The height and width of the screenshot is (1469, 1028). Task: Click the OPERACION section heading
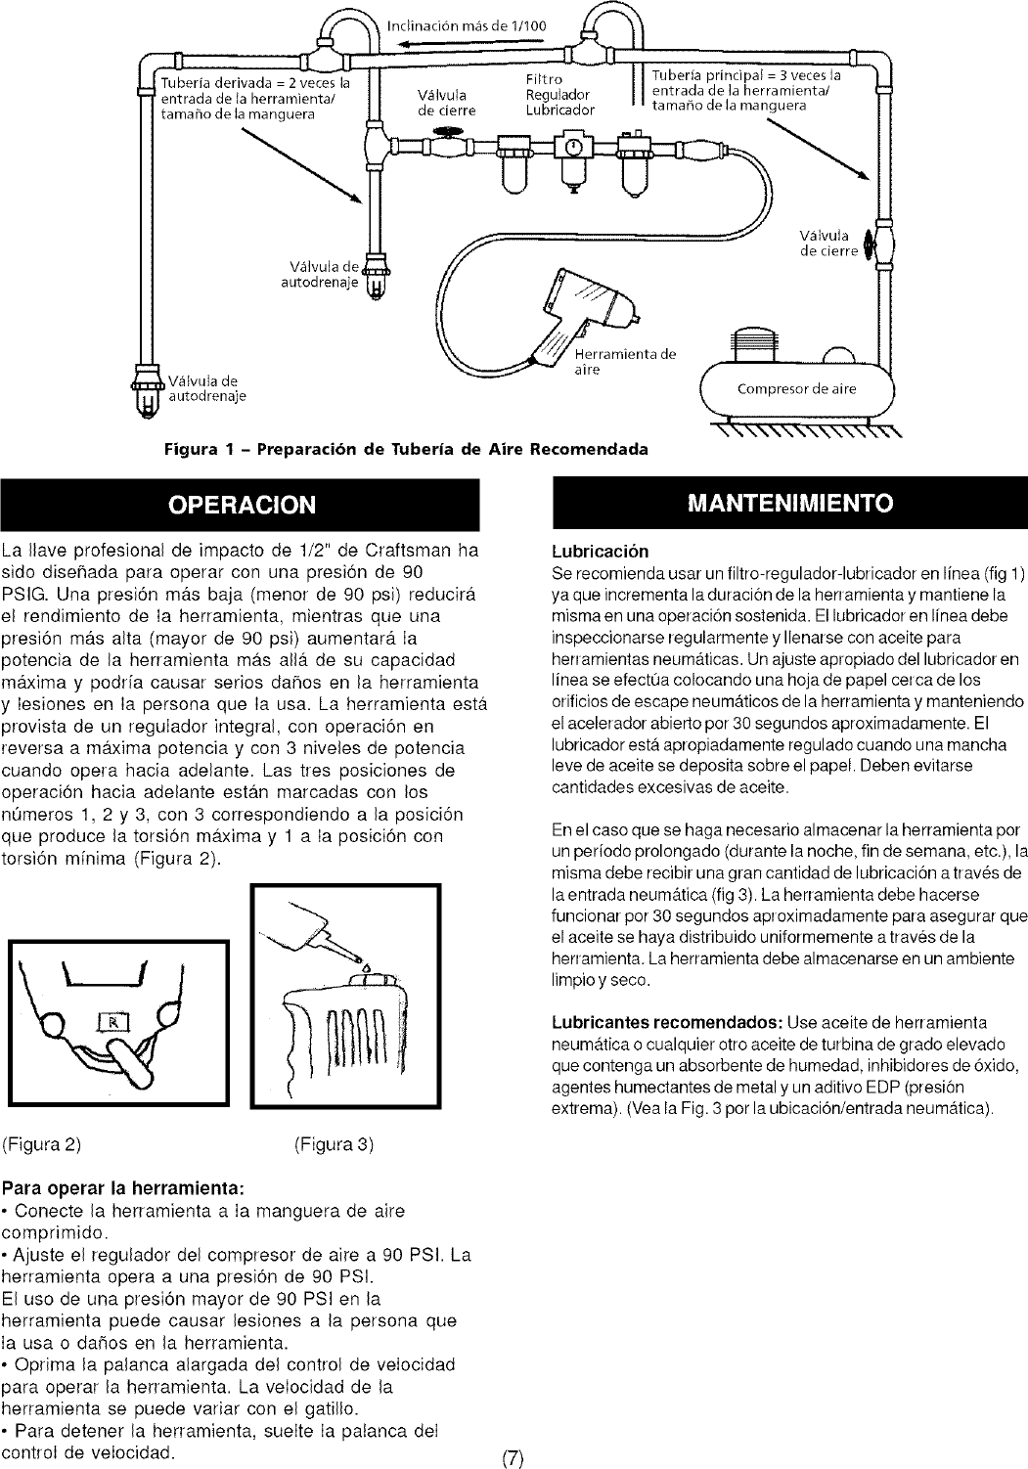pyautogui.click(x=243, y=505)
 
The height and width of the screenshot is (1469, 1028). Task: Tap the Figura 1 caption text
pyautogui.click(x=407, y=450)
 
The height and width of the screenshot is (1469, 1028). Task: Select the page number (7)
pyautogui.click(x=514, y=1458)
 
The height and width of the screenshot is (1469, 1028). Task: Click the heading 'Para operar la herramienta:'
pyautogui.click(x=124, y=1189)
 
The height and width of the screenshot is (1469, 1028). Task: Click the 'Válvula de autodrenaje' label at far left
pyautogui.click(x=203, y=388)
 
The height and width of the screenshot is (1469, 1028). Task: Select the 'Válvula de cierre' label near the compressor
pyautogui.click(x=827, y=242)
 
